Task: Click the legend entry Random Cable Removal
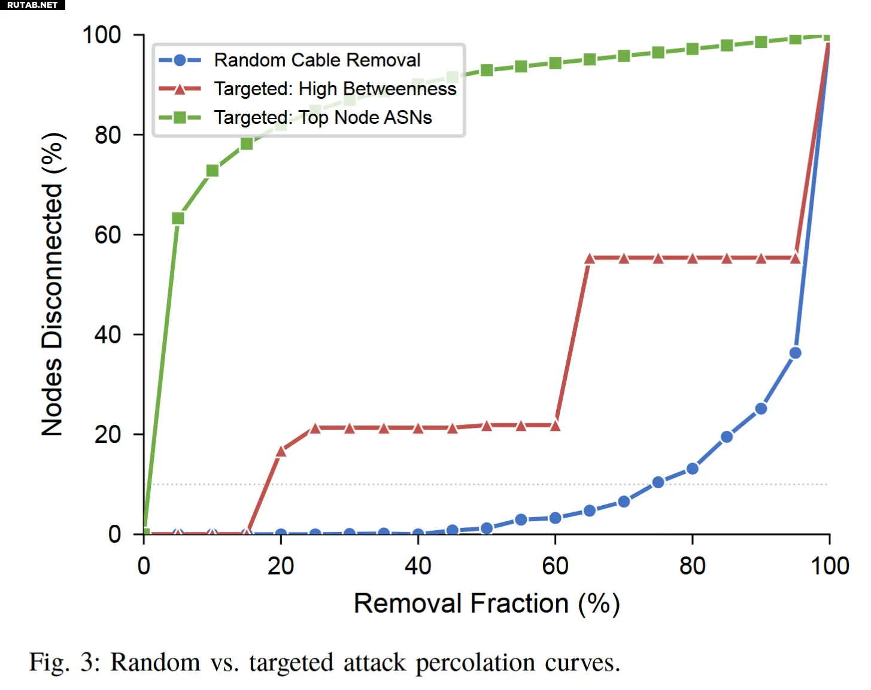[317, 60]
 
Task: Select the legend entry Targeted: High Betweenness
[335, 89]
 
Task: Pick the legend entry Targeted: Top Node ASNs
[323, 117]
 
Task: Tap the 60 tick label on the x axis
[555, 566]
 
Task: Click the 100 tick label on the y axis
[102, 35]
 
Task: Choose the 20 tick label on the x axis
[281, 566]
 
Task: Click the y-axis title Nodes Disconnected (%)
[53, 284]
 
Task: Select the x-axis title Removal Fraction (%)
[486, 603]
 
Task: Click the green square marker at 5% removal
[178, 218]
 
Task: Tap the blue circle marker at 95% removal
[795, 353]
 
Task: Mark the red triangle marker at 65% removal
[590, 259]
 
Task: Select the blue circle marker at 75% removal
[658, 482]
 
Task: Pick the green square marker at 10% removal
[213, 171]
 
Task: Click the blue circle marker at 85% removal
[727, 437]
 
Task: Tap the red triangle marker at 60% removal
[555, 425]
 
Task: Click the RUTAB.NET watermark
[32, 5]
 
